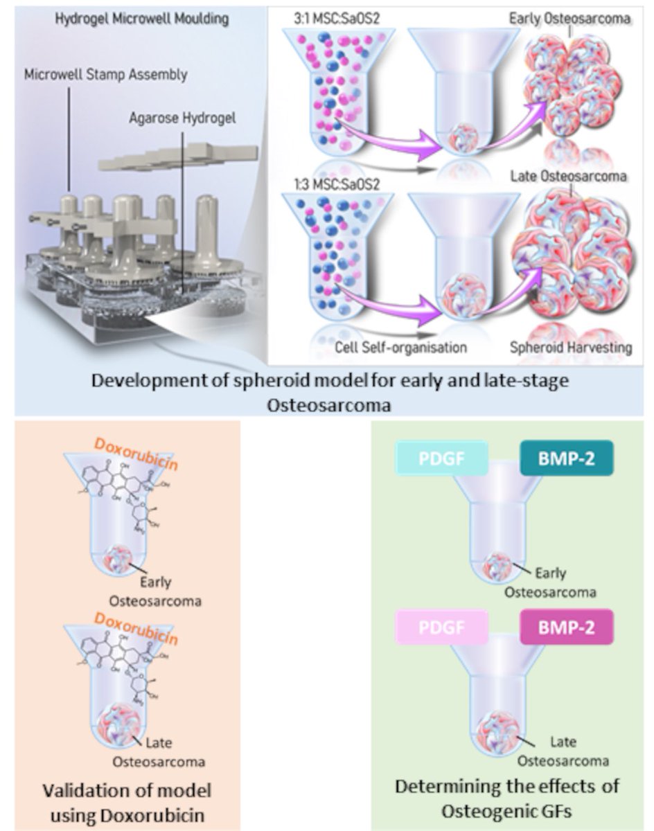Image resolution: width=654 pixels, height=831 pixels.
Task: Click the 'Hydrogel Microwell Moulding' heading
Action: (141, 19)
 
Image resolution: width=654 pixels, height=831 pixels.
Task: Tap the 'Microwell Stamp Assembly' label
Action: (105, 74)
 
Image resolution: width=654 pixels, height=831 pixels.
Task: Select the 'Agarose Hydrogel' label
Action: (182, 118)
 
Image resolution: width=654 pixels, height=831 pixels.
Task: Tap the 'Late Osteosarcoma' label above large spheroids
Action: (568, 176)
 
